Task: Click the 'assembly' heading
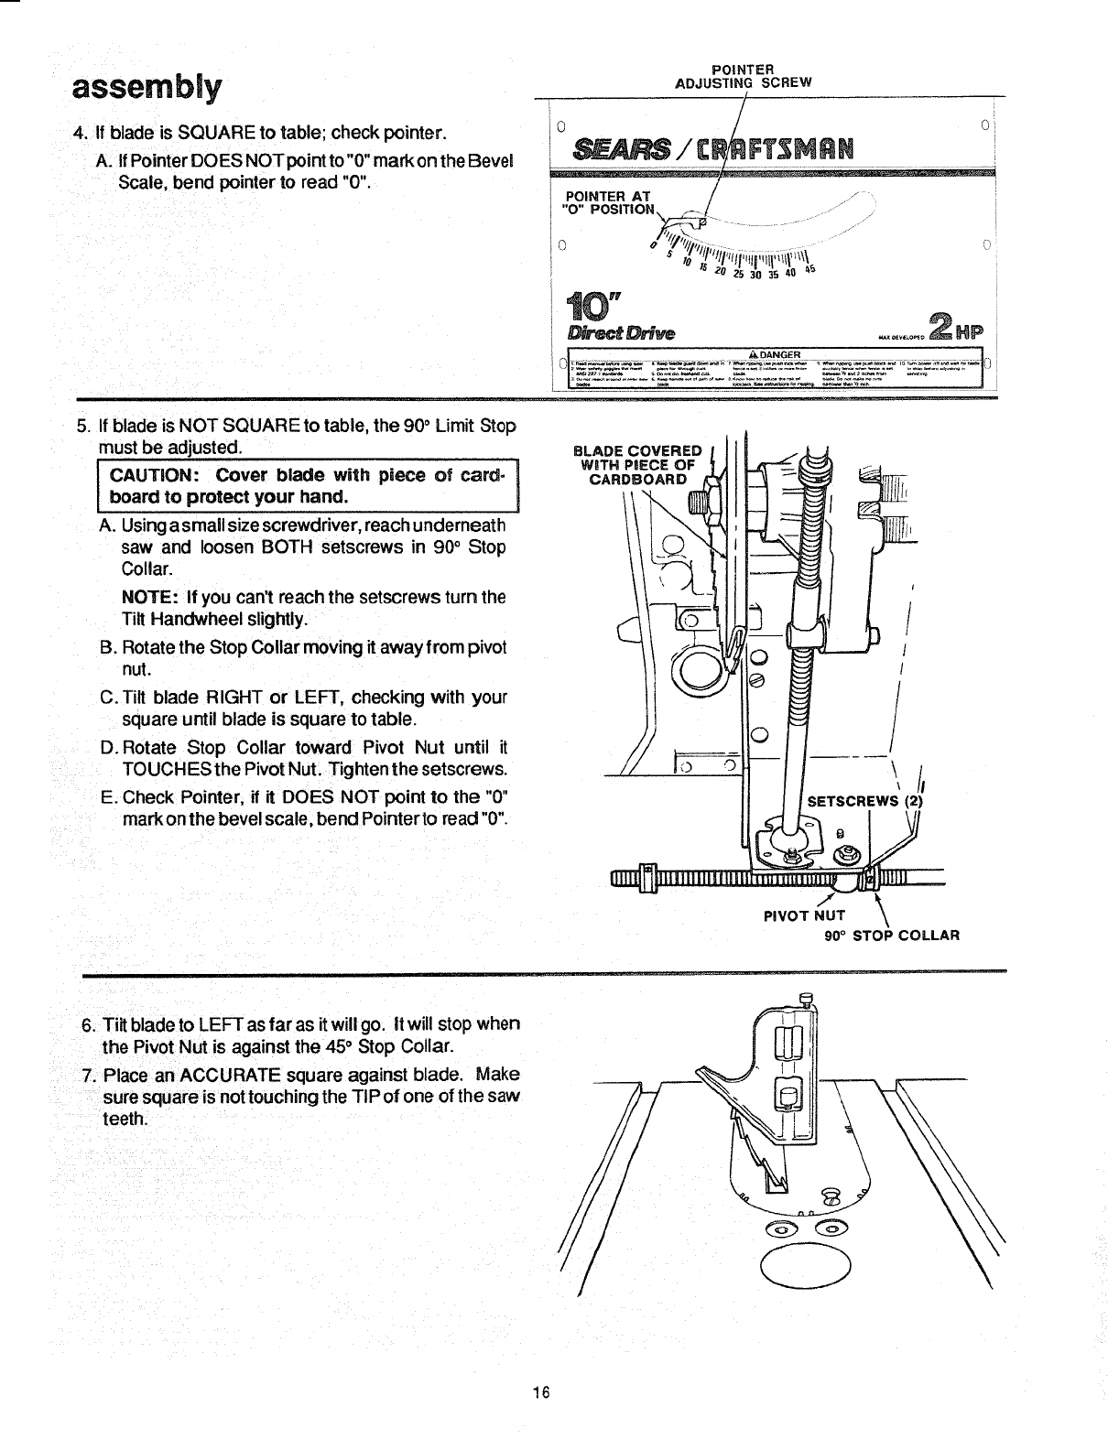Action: click(147, 88)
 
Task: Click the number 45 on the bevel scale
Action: click(809, 270)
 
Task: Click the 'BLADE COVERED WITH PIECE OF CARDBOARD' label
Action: click(636, 464)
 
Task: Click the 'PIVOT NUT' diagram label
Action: click(804, 914)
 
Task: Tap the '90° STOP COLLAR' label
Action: click(891, 936)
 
